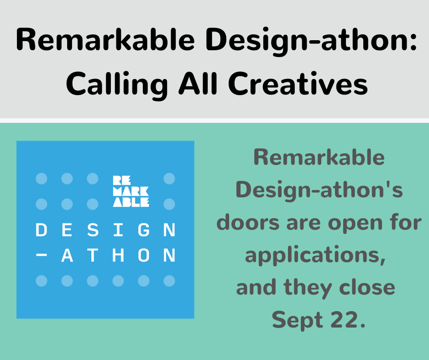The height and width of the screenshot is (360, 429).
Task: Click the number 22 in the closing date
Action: [x=346, y=320]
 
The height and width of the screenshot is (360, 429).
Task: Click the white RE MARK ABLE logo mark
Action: [x=131, y=191]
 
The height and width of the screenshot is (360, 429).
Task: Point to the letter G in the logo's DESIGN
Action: [x=144, y=230]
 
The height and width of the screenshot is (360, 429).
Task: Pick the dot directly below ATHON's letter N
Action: [x=169, y=281]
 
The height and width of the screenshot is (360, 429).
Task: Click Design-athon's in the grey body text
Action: [x=319, y=190]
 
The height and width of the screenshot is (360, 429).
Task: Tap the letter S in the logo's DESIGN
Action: [x=93, y=230]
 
